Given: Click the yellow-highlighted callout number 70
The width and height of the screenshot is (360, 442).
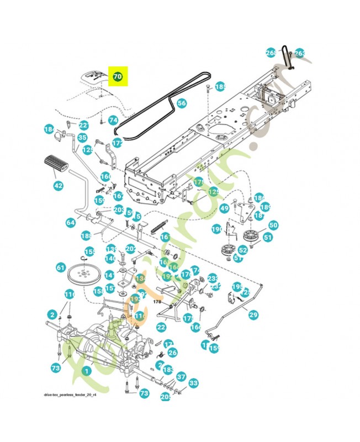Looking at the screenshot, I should pos(117,76).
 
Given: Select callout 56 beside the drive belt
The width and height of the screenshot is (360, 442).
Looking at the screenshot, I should pos(182,103).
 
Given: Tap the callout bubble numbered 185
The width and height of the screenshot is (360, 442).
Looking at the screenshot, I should pos(220,87).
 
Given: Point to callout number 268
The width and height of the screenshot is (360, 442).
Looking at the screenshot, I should pos(271,53).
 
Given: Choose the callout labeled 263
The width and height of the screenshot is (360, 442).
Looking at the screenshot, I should pos(299,53).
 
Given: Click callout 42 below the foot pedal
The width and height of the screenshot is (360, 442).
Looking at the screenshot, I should pos(58,186).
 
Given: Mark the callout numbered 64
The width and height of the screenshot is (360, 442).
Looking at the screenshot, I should pos(71,222).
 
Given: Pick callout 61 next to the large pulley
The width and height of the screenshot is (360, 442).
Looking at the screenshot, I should pos(61,267).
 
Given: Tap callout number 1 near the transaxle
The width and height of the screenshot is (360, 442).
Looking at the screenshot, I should pos(86,371).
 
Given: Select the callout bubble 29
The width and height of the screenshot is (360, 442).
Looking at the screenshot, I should pos(253,315).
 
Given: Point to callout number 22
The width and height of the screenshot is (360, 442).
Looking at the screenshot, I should pos(161,327).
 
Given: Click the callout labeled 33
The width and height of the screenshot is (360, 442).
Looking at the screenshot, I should pos(193,382).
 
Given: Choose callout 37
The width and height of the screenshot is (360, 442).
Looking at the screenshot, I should pos(181,377).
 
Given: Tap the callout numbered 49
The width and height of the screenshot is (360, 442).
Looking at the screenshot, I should pos(224,208).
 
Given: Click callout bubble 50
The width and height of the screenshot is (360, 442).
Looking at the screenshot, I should pos(273,225).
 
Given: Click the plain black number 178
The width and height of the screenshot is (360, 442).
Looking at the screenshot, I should pos(156,302).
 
